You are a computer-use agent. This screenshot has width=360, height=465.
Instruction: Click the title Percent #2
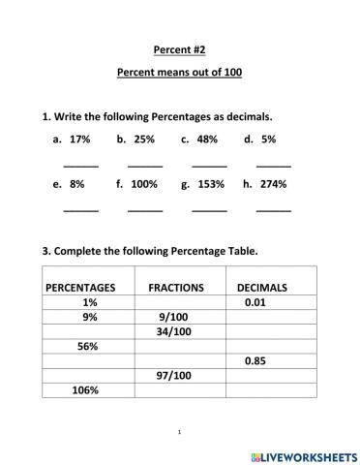(179, 48)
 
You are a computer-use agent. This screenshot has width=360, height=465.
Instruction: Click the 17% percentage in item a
(79, 139)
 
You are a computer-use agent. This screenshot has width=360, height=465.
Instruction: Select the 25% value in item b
(144, 139)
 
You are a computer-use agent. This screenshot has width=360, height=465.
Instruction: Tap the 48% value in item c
(206, 139)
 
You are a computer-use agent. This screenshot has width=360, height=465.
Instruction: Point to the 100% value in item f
(143, 183)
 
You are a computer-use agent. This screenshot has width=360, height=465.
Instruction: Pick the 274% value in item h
(273, 183)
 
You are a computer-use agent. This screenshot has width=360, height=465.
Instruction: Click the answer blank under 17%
(80, 165)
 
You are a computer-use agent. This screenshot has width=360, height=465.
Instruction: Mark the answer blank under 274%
(273, 208)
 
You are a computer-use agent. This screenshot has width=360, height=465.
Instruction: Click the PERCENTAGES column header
(80, 288)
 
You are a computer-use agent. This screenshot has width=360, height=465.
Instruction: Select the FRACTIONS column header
(175, 288)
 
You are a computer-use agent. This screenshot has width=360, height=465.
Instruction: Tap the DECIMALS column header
(261, 288)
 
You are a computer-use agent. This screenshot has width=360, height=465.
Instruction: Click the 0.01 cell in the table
(255, 302)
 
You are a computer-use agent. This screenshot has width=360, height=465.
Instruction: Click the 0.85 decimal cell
(255, 360)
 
